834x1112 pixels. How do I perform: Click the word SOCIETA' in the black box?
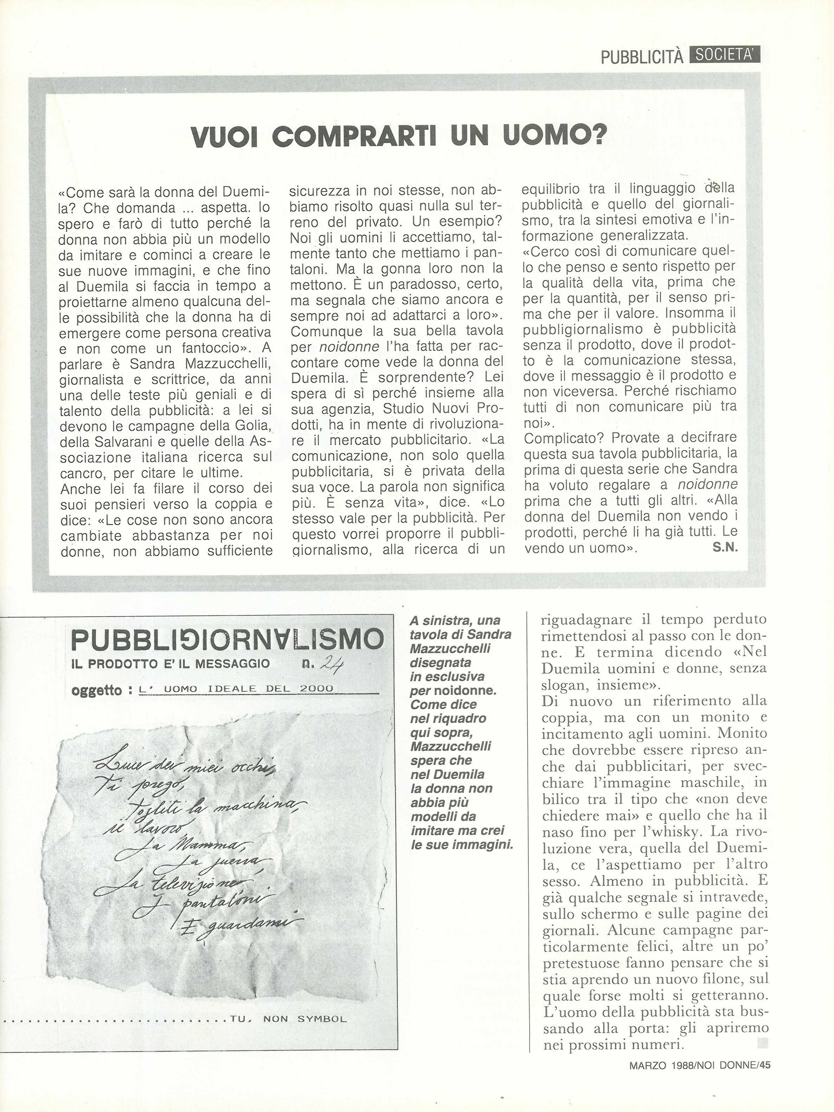(x=724, y=54)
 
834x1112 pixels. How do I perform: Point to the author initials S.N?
(x=724, y=548)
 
